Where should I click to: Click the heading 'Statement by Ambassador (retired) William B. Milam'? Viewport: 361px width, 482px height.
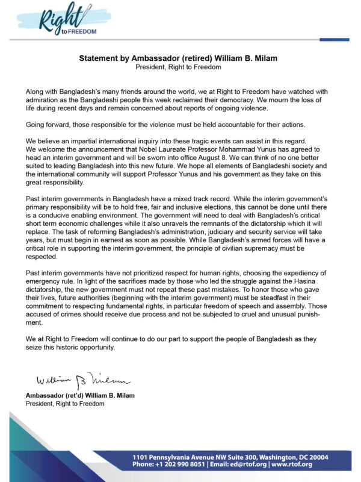(180, 59)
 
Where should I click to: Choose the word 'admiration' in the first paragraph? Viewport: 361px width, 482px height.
(46, 99)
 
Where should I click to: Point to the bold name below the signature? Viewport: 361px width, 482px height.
(81, 396)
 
